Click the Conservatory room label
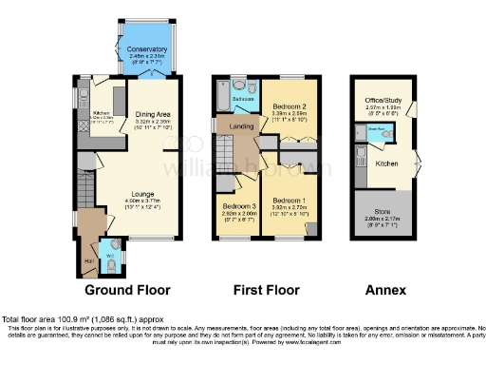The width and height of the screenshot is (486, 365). coord(147,49)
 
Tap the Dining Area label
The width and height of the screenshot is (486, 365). coord(152,113)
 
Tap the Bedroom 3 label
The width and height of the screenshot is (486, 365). coord(239,206)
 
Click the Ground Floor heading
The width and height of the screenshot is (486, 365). coord(128,289)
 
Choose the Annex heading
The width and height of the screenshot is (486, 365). coord(384,289)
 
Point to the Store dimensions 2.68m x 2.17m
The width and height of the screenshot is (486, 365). coord(383,217)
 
